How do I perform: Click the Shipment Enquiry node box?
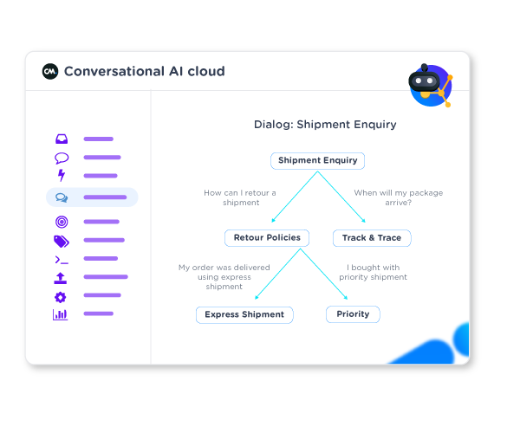317,160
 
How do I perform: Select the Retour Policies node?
267,237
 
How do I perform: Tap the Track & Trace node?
372,237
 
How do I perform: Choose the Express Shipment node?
244,314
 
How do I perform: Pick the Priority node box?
353,314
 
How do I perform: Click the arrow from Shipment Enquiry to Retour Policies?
294,197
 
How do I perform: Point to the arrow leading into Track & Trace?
342,198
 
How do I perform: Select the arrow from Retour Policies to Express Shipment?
277,275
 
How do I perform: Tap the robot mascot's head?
425,81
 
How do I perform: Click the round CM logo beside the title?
50,71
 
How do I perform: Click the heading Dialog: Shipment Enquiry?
325,125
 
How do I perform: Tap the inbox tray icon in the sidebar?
62,139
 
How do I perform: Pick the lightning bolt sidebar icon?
61,176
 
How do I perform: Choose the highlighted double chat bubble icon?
62,197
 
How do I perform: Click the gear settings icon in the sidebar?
61,297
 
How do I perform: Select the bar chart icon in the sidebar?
61,314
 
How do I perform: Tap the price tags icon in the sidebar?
62,242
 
